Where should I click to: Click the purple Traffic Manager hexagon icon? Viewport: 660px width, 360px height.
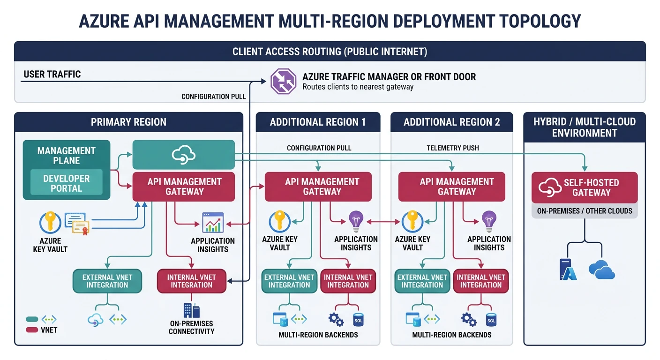tap(284, 81)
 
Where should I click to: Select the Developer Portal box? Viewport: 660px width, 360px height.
tap(67, 183)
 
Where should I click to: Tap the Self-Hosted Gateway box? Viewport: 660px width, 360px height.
tap(585, 187)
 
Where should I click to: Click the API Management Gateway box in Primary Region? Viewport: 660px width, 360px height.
tap(184, 187)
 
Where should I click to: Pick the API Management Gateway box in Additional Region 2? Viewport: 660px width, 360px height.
tap(451, 187)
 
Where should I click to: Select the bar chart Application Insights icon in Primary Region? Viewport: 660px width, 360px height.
tap(213, 223)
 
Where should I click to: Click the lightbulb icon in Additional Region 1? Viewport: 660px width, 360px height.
tap(356, 221)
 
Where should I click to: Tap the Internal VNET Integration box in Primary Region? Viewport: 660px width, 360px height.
tap(191, 281)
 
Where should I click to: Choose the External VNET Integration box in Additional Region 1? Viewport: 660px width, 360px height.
tap(289, 281)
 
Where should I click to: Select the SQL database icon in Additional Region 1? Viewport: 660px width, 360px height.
tap(358, 320)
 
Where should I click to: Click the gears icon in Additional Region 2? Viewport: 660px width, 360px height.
tap(468, 320)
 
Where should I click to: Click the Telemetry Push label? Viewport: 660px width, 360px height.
tap(452, 148)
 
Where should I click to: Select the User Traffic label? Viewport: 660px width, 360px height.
tap(52, 74)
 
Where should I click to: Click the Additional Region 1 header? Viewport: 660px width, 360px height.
tap(317, 122)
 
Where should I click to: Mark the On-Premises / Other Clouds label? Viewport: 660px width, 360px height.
tap(585, 211)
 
